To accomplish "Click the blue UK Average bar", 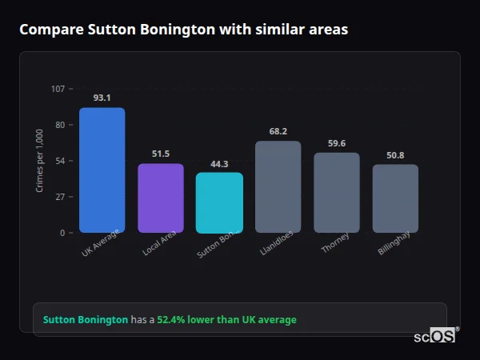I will [x=102, y=170].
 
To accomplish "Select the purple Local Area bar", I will [x=161, y=198].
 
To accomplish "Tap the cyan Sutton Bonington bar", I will [x=219, y=202].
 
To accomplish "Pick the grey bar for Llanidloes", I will [x=278, y=186].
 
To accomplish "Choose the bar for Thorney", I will [x=336, y=192].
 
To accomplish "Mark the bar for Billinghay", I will [x=395, y=198].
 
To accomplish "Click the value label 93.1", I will [x=102, y=98].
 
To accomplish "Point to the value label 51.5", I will [x=161, y=154].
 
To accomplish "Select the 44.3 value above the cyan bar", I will [x=219, y=164].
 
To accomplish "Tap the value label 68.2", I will [x=278, y=131].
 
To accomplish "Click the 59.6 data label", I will [x=336, y=143].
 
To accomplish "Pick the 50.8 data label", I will [x=395, y=155].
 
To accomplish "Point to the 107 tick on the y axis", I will [x=58, y=89].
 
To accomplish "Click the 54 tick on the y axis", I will [x=60, y=161].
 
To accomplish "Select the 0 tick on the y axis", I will [x=62, y=233].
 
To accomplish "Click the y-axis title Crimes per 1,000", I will [x=40, y=160].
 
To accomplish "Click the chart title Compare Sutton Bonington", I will [x=183, y=30].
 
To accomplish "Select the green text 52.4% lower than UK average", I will [x=226, y=320].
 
